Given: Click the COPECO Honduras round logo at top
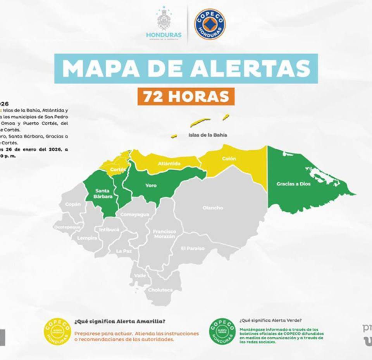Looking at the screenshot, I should pyautogui.click(x=210, y=24).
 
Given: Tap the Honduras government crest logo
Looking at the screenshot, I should pyautogui.click(x=164, y=23).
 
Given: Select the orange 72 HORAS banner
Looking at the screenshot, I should pyautogui.click(x=186, y=97).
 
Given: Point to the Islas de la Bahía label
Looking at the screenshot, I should pyautogui.click(x=208, y=135).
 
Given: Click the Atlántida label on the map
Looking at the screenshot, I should pyautogui.click(x=169, y=164).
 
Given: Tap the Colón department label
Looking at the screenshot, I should pyautogui.click(x=229, y=159).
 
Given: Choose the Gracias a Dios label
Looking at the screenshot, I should pyautogui.click(x=293, y=184).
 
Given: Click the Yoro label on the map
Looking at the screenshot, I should pyautogui.click(x=151, y=185).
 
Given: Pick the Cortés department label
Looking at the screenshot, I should pyautogui.click(x=118, y=170).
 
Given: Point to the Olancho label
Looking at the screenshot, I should pyautogui.click(x=213, y=208).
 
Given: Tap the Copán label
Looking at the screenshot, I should pyautogui.click(x=73, y=204).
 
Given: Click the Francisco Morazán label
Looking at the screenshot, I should pyautogui.click(x=164, y=234).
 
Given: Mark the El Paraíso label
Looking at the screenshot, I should pyautogui.click(x=193, y=249).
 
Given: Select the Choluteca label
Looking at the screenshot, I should pyautogui.click(x=160, y=290).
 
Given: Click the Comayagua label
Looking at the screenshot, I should pyautogui.click(x=134, y=214).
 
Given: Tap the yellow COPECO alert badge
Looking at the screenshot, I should pyautogui.click(x=57, y=332).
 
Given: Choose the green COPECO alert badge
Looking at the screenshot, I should pyautogui.click(x=222, y=332).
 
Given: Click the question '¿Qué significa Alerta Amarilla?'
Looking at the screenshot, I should pyautogui.click(x=120, y=321).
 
